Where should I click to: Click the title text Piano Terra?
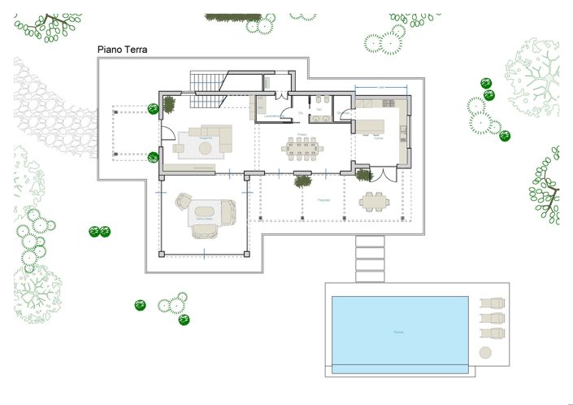pyautogui.click(x=122, y=50)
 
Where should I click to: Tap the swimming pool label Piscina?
pyautogui.click(x=398, y=332)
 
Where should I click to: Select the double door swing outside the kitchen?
pyautogui.click(x=383, y=174)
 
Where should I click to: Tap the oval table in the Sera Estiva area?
pyautogui.click(x=202, y=214)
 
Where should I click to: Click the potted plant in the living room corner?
pyautogui.click(x=170, y=104)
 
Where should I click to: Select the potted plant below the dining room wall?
pyautogui.click(x=302, y=181)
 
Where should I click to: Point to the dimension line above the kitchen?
pyautogui.click(x=380, y=88)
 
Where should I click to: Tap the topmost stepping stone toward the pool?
pyautogui.click(x=370, y=242)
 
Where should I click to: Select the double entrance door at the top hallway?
pyautogui.click(x=282, y=96)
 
